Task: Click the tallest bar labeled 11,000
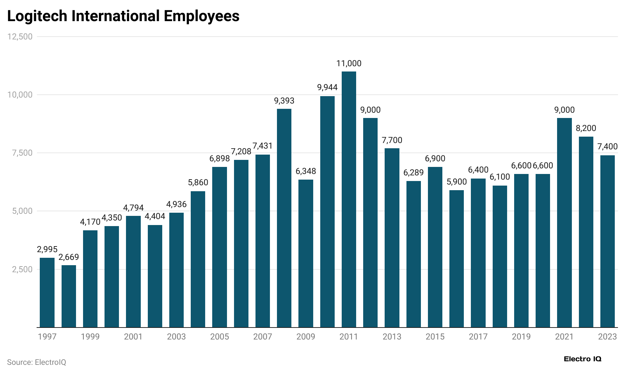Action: pos(349,199)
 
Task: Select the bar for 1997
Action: pos(47,292)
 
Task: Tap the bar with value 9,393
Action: pos(284,218)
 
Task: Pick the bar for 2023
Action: pos(607,241)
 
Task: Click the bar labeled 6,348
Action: pos(306,254)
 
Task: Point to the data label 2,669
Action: pos(69,257)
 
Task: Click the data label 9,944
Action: pos(327,87)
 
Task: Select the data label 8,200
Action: pos(586,128)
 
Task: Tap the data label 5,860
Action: pos(198,182)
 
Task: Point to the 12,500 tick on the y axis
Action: pos(20,37)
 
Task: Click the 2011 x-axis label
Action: pos(349,337)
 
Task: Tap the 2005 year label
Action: pos(220,337)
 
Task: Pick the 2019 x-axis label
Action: pos(521,337)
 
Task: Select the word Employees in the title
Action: pos(201,16)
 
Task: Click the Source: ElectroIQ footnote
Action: pos(37,362)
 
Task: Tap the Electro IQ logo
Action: pos(582,359)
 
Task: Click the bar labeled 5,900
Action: pos(456,259)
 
